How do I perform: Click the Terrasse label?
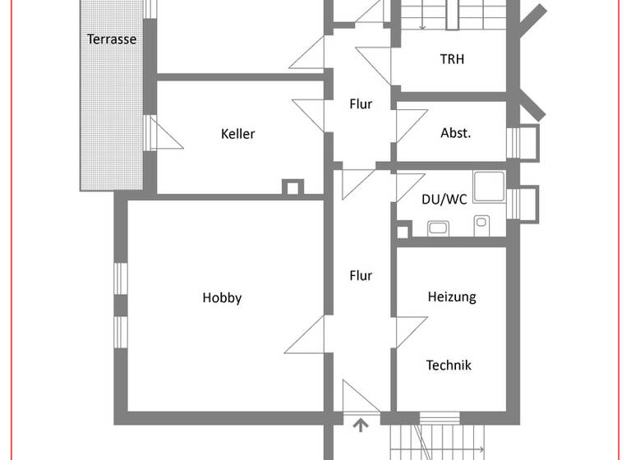pos(112,39)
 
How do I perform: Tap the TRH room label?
pos(451,59)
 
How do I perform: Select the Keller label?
pos(237,134)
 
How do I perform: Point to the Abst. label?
pos(456,133)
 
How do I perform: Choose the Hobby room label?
pos(222,298)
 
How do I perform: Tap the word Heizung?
pos(451,297)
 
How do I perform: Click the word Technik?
pos(449,366)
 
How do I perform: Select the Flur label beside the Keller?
pos(361,104)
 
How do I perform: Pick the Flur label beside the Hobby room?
pos(361,276)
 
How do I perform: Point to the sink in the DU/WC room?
pos(437,228)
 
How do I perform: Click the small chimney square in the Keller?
pos(292,187)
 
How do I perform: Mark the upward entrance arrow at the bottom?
pos(360,425)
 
